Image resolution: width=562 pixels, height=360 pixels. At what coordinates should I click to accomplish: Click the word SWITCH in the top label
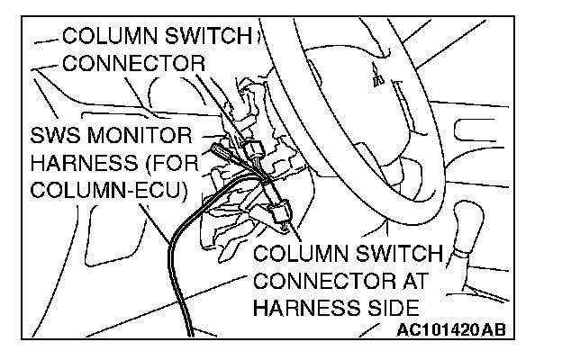coord(220,36)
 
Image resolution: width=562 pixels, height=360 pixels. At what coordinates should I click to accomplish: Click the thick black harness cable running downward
coord(171,261)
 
